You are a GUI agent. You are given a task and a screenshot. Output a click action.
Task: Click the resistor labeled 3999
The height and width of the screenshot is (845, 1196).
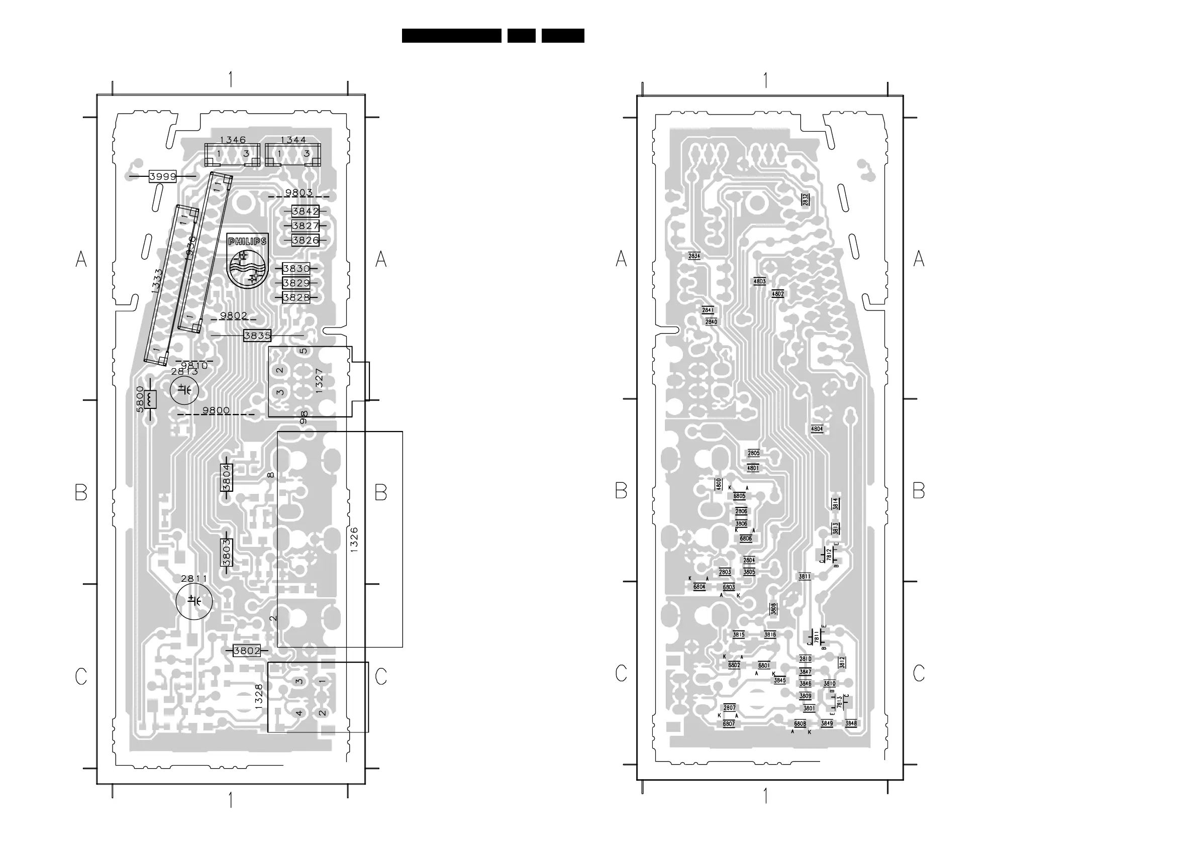[x=162, y=176]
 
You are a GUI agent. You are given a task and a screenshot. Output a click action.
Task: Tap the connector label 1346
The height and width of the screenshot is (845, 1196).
[x=232, y=140]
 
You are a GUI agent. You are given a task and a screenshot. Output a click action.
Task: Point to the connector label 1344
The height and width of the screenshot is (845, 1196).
[x=293, y=140]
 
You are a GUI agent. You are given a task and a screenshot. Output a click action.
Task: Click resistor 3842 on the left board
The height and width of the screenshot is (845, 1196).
[x=305, y=212]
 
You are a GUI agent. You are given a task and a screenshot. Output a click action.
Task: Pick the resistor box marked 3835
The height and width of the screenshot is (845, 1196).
[x=257, y=336]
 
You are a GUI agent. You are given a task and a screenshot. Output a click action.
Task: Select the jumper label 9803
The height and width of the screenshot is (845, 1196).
[x=298, y=192]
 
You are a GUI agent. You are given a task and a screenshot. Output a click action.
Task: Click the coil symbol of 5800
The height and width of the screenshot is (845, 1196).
[x=152, y=399]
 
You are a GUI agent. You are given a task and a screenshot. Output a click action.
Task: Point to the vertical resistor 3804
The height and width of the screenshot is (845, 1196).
[x=227, y=477]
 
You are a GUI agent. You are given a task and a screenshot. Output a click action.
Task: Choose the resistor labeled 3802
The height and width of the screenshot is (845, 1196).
[x=247, y=651]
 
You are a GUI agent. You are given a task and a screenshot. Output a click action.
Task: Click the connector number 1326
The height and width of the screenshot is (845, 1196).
[x=354, y=540]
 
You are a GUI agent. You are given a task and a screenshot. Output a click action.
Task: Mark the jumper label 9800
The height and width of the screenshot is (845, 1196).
[x=216, y=410]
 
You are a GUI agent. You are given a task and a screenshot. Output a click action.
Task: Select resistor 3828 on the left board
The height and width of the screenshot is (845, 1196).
[x=296, y=298]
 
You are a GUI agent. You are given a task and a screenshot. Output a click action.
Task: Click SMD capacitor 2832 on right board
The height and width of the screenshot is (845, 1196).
[x=806, y=199]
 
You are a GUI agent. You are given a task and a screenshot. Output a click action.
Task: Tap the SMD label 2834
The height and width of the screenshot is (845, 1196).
[x=694, y=256]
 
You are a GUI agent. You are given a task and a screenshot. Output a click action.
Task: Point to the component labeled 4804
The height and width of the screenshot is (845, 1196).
[x=817, y=429]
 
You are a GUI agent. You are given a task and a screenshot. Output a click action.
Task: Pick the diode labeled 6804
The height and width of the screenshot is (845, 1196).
[x=699, y=587]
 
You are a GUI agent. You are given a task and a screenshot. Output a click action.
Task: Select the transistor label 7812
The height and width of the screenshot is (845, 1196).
[x=829, y=555]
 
